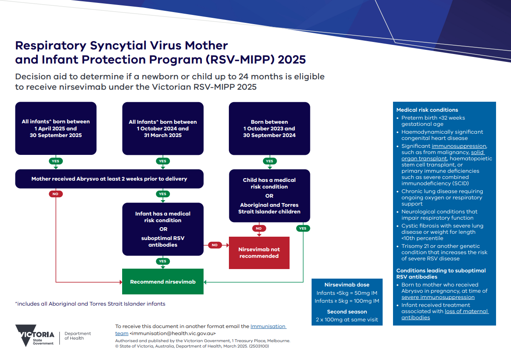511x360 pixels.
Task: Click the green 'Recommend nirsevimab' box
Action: point(162,282)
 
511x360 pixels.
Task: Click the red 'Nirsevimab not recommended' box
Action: point(259,253)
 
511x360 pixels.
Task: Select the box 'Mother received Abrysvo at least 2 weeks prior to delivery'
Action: point(109,179)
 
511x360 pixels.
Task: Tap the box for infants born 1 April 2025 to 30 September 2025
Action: point(56,128)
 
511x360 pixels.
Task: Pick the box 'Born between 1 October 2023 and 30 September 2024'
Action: point(269,128)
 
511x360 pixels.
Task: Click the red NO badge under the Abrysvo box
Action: point(56,194)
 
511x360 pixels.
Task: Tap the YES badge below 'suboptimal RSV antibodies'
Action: point(162,261)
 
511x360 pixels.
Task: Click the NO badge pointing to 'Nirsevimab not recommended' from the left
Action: point(214,245)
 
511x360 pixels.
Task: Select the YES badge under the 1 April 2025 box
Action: point(56,161)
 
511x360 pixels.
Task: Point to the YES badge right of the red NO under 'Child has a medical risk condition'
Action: point(303,228)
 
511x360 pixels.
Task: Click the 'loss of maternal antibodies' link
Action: point(445,314)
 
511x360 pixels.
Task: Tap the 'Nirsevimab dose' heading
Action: point(347,285)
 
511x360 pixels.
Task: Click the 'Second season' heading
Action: point(347,311)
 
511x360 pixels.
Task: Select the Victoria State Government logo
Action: point(35,335)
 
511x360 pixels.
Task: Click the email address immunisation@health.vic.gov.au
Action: point(172,333)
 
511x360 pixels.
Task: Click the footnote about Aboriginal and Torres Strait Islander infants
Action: point(90,304)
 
